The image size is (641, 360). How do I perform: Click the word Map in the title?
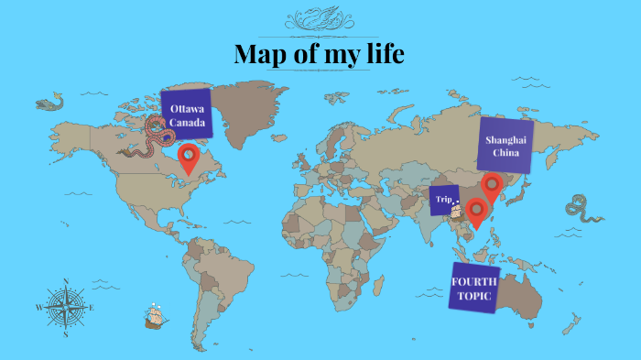(x=260, y=54)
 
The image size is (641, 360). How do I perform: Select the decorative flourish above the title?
(x=319, y=18)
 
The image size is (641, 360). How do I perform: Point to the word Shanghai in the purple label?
(x=506, y=139)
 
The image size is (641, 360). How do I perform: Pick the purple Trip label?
(x=444, y=199)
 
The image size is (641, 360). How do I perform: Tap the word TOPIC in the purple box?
(x=473, y=298)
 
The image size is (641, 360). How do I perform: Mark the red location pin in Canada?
(x=189, y=157)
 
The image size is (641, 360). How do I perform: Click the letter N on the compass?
(x=66, y=281)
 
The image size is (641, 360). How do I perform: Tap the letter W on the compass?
(x=38, y=308)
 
